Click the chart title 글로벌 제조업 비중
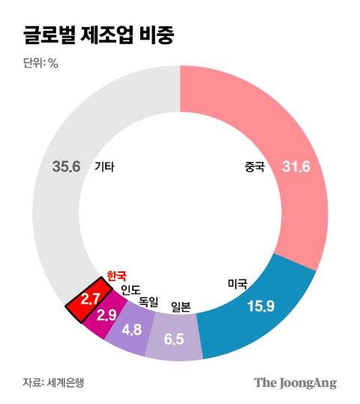tap(97, 35)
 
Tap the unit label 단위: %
tap(40, 63)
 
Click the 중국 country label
tap(254, 167)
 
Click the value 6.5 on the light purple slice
tap(174, 339)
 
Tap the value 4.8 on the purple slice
tap(131, 328)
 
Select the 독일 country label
tap(148, 301)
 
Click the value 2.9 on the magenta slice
tap(106, 315)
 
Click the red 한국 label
tap(116, 276)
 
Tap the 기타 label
tap(105, 167)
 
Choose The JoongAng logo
tap(295, 382)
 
